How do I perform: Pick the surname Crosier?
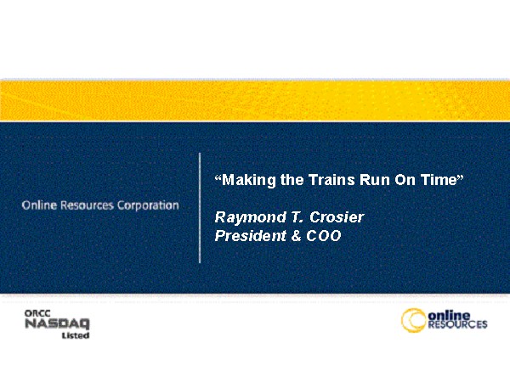337,217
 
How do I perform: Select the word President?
251,235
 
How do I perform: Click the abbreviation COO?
324,236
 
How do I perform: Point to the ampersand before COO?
297,236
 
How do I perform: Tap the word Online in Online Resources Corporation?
39,205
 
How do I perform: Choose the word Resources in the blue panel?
88,205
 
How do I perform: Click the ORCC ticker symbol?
37,313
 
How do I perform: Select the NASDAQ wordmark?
57,324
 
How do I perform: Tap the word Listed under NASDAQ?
76,335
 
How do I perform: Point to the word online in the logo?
449,316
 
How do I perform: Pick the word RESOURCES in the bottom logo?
457,324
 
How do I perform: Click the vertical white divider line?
200,208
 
